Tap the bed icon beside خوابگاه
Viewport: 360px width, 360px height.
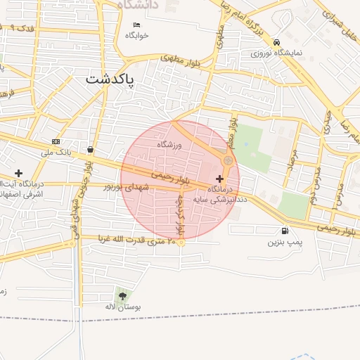(x=136, y=25)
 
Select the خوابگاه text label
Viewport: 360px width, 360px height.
(x=137, y=36)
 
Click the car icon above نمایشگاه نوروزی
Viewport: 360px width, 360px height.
(x=277, y=42)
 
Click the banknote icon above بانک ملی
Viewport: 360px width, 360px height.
(x=56, y=142)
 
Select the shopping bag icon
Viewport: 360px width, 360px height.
(x=91, y=149)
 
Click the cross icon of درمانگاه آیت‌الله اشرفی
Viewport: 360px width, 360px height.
(x=18, y=173)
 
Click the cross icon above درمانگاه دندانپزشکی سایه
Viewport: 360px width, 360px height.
(x=220, y=179)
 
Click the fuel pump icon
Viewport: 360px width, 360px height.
(x=284, y=231)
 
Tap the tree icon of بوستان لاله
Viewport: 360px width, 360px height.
(x=123, y=296)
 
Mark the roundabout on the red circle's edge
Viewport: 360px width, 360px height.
(x=227, y=162)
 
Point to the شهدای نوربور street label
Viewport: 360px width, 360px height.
(x=127, y=186)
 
